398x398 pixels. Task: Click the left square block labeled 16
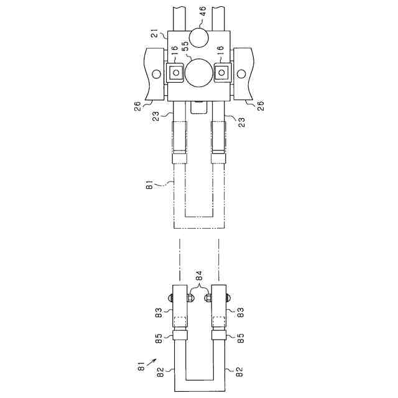(176, 73)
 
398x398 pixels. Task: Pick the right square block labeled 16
(222, 73)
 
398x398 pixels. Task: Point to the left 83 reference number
(159, 311)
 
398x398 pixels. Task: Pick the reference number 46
(202, 11)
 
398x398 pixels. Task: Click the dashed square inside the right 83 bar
(218, 322)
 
